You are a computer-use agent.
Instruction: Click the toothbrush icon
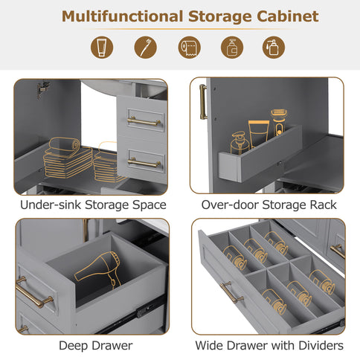pyautogui.click(x=146, y=48)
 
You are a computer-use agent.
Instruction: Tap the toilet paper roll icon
pyautogui.click(x=189, y=48)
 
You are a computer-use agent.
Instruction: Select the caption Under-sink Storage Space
pyautogui.click(x=93, y=205)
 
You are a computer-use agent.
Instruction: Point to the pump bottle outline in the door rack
pyautogui.click(x=239, y=142)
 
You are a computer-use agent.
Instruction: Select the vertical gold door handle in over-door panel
pyautogui.click(x=202, y=101)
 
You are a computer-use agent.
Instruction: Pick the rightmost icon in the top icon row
pyautogui.click(x=274, y=48)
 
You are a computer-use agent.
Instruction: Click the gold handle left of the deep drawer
pyautogui.click(x=33, y=291)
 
